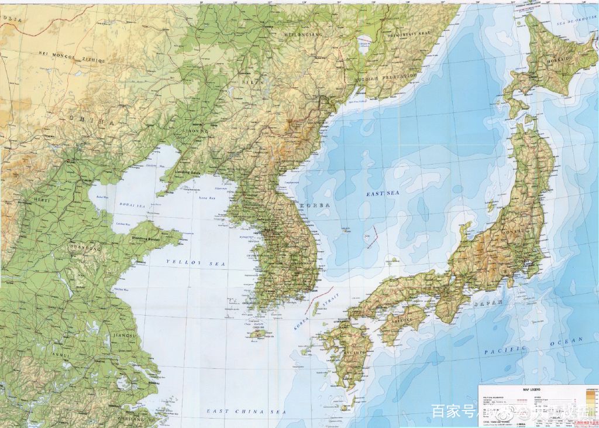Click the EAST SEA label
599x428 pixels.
(x=383, y=193)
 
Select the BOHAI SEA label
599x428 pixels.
(x=132, y=206)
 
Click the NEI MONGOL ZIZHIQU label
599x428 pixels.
(x=71, y=57)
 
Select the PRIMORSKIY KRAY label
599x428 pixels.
(x=408, y=34)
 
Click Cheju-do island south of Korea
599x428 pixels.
(x=257, y=334)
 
